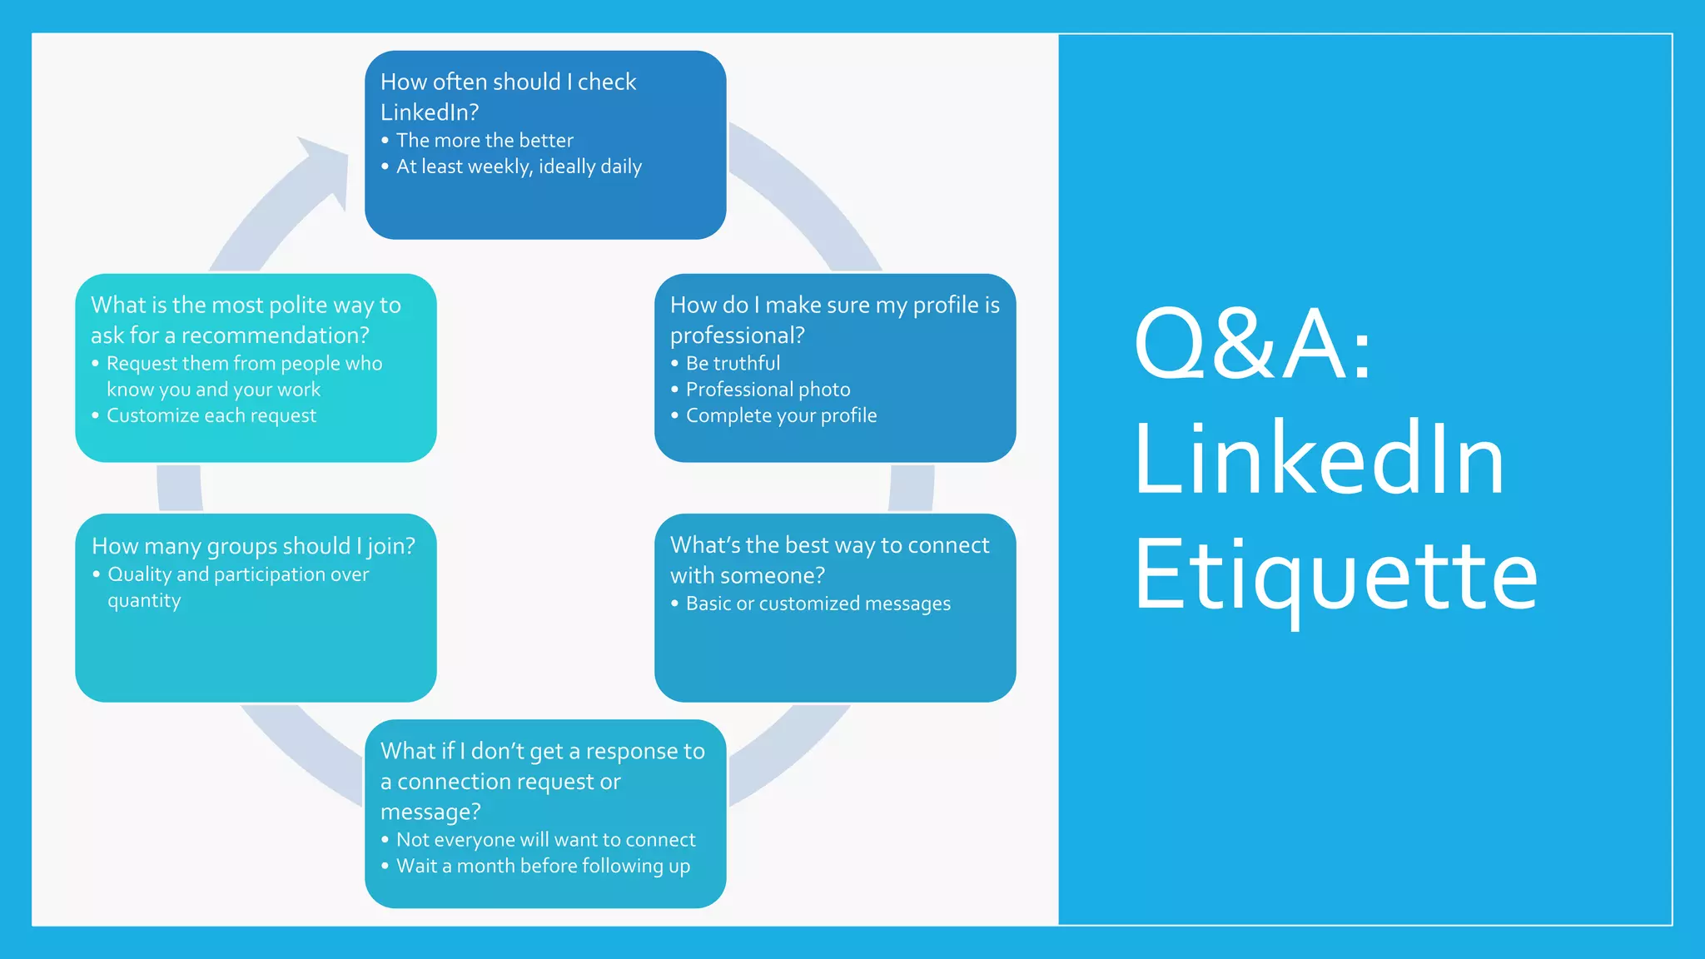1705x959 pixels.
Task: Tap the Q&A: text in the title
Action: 1252,344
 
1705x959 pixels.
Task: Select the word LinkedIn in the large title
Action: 1319,460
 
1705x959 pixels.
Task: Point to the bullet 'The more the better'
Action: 485,141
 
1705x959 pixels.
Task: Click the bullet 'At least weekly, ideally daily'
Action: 519,166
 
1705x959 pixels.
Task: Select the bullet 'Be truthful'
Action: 733,364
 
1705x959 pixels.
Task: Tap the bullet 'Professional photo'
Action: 768,390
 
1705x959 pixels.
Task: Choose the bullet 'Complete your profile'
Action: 781,415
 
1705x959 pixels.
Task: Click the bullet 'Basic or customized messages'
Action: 818,604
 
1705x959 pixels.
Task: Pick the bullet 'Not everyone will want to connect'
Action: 545,840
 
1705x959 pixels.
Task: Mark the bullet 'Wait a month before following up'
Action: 543,866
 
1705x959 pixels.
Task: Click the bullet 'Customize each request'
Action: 211,415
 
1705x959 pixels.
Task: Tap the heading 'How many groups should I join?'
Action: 253,546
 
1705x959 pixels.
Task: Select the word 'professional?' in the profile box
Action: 737,335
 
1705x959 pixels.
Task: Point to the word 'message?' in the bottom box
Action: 430,812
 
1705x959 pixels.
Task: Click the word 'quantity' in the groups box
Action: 144,601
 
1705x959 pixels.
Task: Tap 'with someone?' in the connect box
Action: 747,575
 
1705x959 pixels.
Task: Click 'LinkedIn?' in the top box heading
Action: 430,112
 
